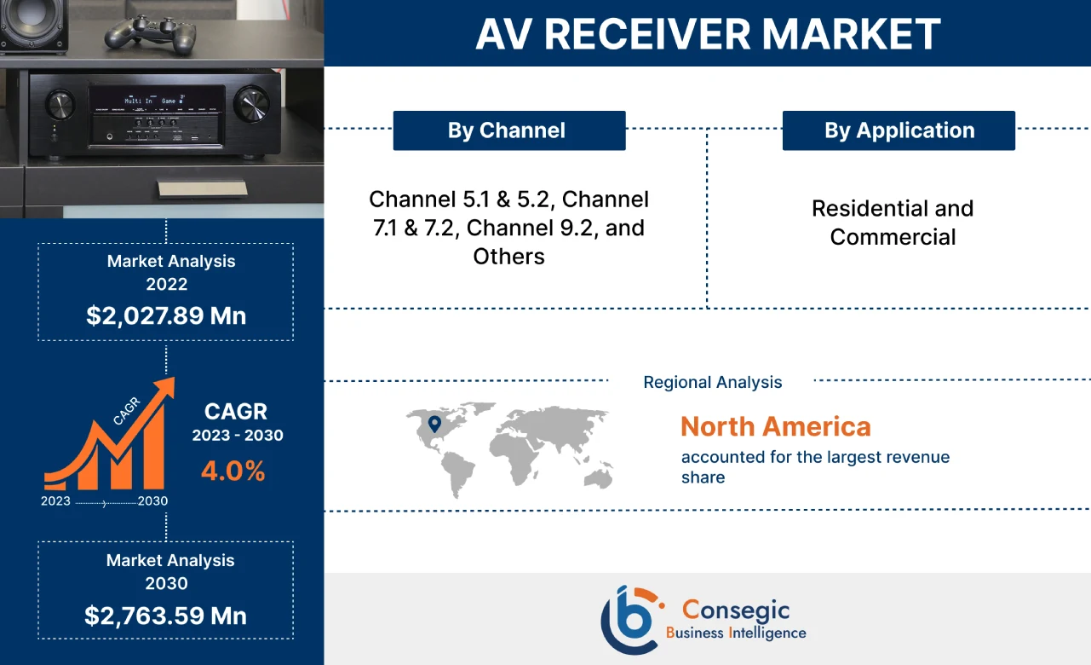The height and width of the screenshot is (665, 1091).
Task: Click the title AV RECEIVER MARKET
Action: tap(707, 34)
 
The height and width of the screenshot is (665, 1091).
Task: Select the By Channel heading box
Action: tap(508, 130)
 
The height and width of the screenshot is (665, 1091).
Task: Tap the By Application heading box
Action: tap(899, 130)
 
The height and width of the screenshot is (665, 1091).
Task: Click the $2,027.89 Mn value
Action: tap(166, 316)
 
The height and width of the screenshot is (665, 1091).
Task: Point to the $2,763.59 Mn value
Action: tap(166, 616)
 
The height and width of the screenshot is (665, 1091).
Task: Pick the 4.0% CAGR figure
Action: tap(233, 471)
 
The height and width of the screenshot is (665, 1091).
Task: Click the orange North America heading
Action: tap(775, 426)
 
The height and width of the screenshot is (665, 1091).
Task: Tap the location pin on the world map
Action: tap(434, 424)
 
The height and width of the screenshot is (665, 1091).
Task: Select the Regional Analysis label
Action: tap(712, 382)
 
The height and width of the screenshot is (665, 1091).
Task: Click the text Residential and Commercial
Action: tap(892, 223)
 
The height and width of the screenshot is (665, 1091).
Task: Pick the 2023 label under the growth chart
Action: tap(55, 501)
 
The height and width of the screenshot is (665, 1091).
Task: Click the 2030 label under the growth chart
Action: tap(152, 501)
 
